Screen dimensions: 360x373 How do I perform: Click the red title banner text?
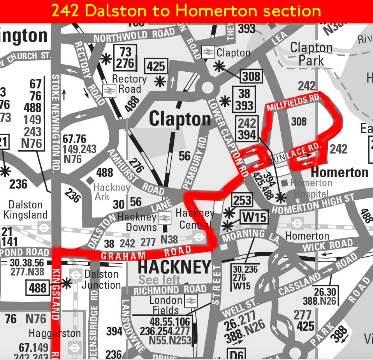[x=186, y=11]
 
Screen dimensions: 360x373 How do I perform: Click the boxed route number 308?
[x=251, y=76]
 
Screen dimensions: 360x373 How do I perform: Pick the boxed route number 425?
[x=156, y=66]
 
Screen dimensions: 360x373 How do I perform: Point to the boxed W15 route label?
[x=254, y=217]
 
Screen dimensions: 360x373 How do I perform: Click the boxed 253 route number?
[x=243, y=201]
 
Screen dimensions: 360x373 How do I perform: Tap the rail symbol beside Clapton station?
[x=208, y=52]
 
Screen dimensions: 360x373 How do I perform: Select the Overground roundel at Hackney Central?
[x=199, y=236]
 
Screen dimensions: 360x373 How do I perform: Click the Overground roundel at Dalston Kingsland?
[x=44, y=228]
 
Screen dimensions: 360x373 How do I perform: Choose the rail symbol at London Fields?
[x=190, y=300]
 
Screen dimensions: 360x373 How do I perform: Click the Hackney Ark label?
[x=111, y=192]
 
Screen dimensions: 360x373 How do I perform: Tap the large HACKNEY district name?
[x=174, y=268]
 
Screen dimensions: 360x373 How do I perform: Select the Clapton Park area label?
[x=311, y=54]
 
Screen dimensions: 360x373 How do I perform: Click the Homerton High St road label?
[x=313, y=205]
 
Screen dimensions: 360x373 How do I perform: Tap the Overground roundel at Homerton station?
[x=297, y=223]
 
